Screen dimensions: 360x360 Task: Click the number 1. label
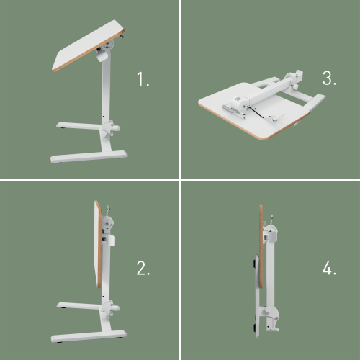click(x=143, y=79)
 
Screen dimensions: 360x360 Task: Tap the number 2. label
click(x=143, y=269)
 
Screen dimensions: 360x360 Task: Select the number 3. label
click(x=329, y=79)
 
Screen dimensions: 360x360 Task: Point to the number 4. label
click(x=329, y=269)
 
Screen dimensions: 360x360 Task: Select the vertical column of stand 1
click(x=107, y=94)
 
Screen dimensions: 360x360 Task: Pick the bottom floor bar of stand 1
click(x=88, y=156)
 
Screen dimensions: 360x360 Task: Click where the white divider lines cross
click(x=179, y=179)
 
